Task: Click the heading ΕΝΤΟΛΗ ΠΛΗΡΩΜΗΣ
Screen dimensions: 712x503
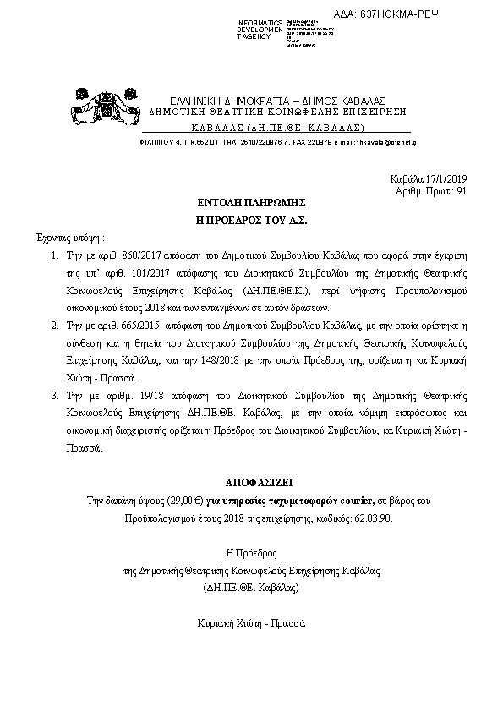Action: [253, 204]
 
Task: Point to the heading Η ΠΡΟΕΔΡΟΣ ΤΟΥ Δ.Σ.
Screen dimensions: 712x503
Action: [252, 219]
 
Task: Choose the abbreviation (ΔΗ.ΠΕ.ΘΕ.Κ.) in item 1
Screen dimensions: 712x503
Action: [246, 288]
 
